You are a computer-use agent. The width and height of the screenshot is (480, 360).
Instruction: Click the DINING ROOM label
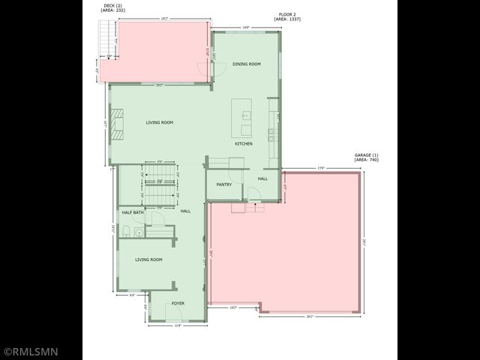(x=246, y=64)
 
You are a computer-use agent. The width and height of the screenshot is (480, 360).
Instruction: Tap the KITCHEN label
(x=244, y=143)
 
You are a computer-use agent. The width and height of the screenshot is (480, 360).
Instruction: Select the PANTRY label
(x=223, y=184)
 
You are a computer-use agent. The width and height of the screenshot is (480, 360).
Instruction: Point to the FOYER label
(x=178, y=303)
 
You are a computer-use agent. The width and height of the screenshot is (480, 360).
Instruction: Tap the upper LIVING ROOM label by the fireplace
(x=160, y=122)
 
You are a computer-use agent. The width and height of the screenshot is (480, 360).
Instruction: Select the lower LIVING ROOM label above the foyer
(x=148, y=259)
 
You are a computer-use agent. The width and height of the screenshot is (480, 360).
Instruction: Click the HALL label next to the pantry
(x=262, y=178)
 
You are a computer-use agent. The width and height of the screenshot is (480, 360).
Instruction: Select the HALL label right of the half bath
(x=185, y=211)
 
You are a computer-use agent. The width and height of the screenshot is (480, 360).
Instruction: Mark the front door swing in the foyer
(x=160, y=299)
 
